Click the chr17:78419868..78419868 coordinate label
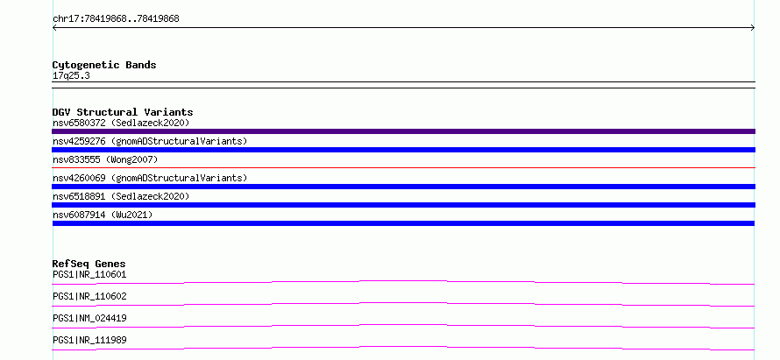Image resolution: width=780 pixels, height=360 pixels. coord(116,19)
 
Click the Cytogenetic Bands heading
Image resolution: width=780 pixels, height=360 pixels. coord(104,65)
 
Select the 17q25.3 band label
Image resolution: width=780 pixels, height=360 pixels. coord(71,76)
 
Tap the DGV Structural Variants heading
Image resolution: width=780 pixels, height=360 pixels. coord(123,112)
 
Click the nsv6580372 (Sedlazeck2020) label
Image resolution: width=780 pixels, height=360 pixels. coord(121,123)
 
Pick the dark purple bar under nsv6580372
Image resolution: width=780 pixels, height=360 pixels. coord(403,131)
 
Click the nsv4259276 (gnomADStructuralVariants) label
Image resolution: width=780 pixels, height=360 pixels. coord(150,141)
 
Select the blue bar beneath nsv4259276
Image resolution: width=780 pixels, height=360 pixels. coord(403,150)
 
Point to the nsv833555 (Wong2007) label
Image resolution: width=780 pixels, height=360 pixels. coord(105,159)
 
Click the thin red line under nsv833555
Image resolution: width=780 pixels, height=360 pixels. coord(403,167)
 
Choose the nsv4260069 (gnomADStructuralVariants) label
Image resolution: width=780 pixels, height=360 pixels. coord(150,178)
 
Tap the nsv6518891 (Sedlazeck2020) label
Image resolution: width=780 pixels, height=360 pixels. coord(121,196)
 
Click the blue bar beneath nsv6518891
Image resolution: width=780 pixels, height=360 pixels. coord(403,205)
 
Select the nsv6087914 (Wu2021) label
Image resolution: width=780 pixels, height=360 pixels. coord(103,215)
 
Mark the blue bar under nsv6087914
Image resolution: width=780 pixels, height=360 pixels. coord(403,223)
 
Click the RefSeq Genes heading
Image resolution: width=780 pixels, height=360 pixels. coord(89,264)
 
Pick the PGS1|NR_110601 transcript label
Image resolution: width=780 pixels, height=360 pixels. coord(89,274)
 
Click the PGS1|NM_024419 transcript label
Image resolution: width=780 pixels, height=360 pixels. coord(89,318)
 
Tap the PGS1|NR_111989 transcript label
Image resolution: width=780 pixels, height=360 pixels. coord(89,340)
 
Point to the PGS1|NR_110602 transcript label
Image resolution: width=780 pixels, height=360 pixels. coord(89,296)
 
